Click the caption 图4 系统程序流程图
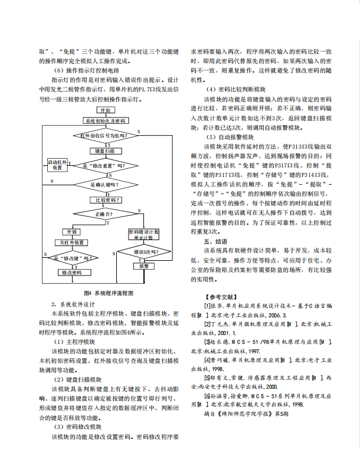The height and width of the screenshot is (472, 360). pyautogui.click(x=109, y=293)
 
